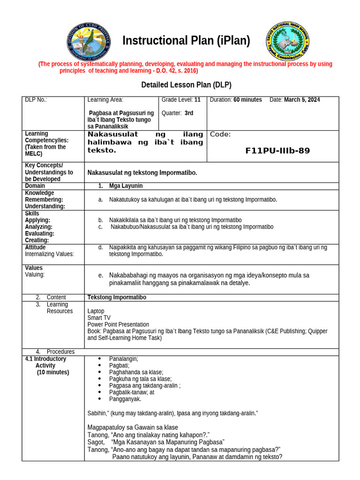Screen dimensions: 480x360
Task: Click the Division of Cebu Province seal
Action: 89,42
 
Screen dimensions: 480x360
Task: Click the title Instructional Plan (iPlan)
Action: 186,41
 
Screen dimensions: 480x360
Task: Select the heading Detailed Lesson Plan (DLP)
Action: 186,85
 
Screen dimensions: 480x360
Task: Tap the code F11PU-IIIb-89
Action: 277,150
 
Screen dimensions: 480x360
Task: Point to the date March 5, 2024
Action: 302,100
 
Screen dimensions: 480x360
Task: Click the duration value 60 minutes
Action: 247,100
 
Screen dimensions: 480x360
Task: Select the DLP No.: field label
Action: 36,100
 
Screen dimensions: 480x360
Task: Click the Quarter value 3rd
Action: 189,113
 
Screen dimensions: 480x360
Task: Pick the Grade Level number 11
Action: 197,100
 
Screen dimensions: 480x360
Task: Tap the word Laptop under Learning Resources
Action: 96,311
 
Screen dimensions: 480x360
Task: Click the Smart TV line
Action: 98,318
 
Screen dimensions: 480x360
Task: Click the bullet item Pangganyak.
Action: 125,399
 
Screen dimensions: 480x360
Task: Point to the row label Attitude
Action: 35,247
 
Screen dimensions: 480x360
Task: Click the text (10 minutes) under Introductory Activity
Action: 53,372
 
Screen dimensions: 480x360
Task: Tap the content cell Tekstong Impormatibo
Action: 117,298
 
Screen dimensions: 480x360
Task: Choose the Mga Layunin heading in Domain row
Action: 126,186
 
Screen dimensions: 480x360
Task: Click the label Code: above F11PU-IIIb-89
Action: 220,135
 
